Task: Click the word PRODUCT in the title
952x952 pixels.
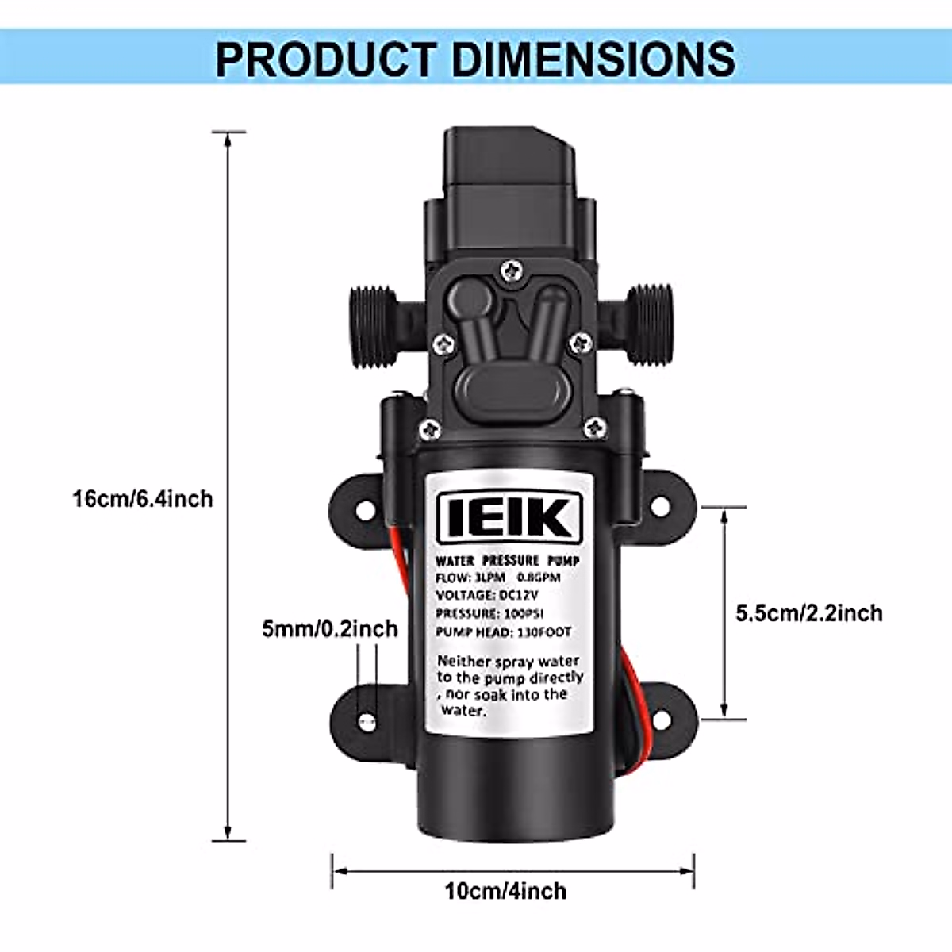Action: [326, 59]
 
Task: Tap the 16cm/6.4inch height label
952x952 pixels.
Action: [143, 498]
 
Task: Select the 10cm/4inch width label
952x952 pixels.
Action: [506, 891]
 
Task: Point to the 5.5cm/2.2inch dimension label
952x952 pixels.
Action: [808, 613]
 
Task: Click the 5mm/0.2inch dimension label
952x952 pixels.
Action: [329, 629]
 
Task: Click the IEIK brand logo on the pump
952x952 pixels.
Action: [510, 517]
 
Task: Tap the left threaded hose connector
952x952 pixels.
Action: [374, 325]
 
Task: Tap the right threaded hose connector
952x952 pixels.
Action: [649, 324]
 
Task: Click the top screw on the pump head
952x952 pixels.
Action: [511, 271]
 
